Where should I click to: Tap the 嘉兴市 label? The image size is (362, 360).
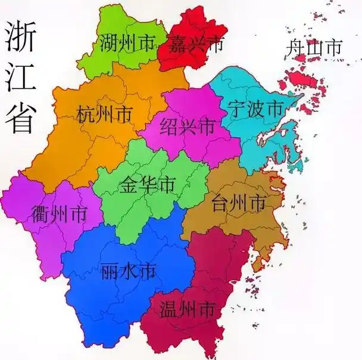[x=195, y=43]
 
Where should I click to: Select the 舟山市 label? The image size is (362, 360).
[x=314, y=47]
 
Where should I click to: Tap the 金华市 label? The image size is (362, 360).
[x=147, y=185]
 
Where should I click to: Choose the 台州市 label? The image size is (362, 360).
[x=238, y=204]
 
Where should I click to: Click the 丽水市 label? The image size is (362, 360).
[x=128, y=271]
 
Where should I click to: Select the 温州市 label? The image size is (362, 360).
[x=187, y=309]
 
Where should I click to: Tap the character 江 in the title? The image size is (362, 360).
[x=20, y=79]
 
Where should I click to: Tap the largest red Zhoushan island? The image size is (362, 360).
[x=301, y=79]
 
